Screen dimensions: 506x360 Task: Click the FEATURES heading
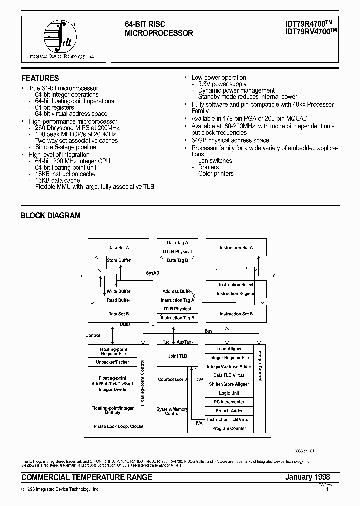coord(40,78)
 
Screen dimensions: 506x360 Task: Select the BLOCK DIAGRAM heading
coord(50,216)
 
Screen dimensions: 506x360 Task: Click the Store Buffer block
coord(119,260)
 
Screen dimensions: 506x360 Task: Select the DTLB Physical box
coord(177,252)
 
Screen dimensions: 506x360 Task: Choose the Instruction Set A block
coord(236,248)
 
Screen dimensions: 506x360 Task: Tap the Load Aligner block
coord(229,349)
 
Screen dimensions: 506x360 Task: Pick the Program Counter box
coord(229,428)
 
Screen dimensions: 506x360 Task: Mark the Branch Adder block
coord(229,411)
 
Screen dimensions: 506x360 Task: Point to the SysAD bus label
coord(152,274)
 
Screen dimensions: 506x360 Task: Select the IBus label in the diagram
coord(208,331)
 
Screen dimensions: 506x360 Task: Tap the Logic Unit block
coord(229,393)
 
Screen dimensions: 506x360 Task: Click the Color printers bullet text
coord(216,174)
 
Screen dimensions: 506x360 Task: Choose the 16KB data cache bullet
coord(57,180)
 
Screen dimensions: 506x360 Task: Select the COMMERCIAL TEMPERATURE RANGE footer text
coord(87,477)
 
